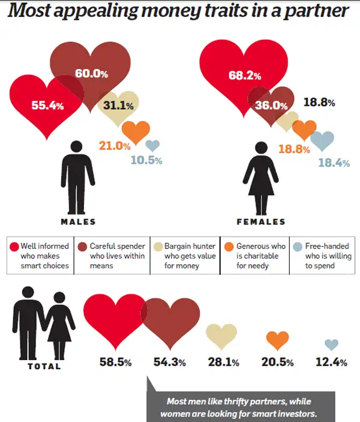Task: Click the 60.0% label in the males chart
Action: click(91, 74)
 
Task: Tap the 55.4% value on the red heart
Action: click(48, 105)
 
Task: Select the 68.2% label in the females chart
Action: click(245, 76)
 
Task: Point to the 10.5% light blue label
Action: click(146, 160)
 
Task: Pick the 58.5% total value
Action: click(115, 362)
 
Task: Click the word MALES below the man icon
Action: click(78, 222)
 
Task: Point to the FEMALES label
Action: click(261, 222)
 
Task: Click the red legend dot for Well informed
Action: click(14, 246)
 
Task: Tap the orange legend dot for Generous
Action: click(229, 246)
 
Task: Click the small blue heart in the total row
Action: click(331, 345)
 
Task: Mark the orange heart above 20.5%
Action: click(277, 340)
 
